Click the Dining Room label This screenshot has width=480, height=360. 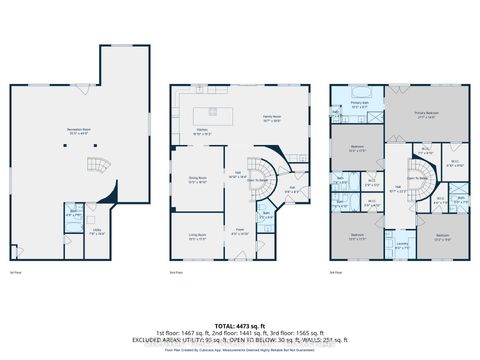coord(197,180)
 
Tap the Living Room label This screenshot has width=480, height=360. coord(197,235)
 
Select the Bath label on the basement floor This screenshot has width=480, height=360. coord(71,214)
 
